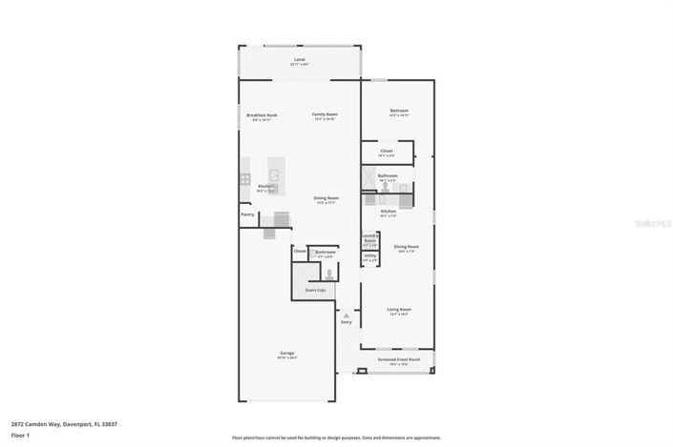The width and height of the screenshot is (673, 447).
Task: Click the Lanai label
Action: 299,59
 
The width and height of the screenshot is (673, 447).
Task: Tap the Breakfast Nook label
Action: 261,114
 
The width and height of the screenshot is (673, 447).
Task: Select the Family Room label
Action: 325,114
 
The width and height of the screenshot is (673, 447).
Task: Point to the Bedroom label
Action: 399,111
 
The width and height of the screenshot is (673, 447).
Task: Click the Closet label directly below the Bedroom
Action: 387,151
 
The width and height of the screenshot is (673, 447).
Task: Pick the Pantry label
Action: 247,214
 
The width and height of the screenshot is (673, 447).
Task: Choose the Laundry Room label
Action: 370,241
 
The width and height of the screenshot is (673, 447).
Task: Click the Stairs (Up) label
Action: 315,290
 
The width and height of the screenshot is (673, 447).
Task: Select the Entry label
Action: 346,321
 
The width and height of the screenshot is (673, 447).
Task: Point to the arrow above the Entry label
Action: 346,314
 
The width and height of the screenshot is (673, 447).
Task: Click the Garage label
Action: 286,355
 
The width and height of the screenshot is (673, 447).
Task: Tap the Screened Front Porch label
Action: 399,360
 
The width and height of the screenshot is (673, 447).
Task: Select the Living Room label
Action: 398,310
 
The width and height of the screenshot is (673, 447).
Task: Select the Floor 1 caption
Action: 21,436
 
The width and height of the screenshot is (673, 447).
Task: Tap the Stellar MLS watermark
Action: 651,223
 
